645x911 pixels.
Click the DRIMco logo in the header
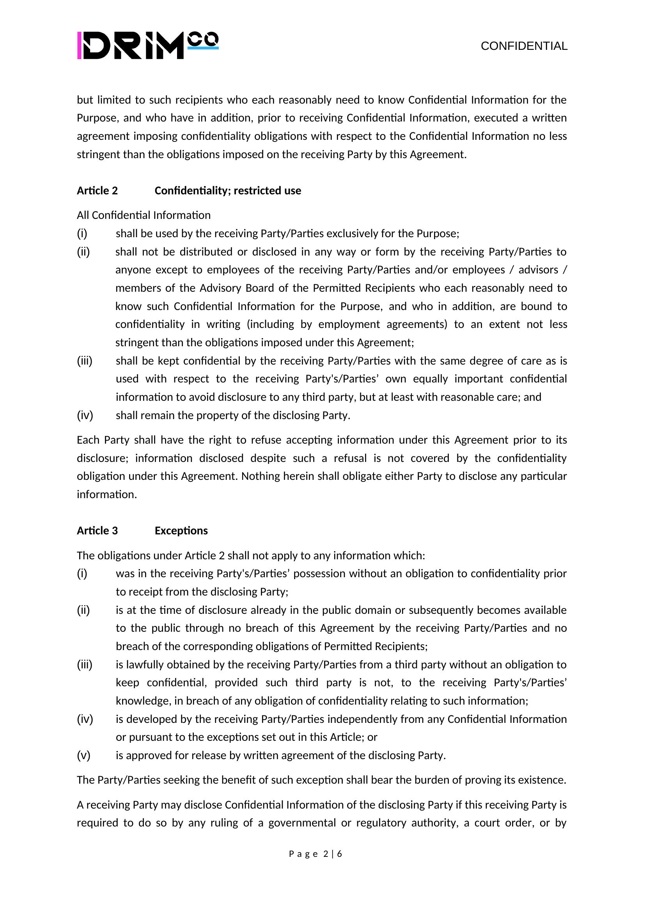(148, 46)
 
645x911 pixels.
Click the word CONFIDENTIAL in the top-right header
(524, 46)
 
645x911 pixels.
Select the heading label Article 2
(97, 191)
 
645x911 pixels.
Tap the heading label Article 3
(97, 531)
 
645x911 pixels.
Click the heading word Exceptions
(181, 531)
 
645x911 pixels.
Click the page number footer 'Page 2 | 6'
(315, 854)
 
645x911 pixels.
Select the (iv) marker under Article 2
(85, 416)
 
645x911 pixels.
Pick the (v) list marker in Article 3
(83, 756)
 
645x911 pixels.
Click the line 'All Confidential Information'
(144, 215)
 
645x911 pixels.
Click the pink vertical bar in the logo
(80, 46)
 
